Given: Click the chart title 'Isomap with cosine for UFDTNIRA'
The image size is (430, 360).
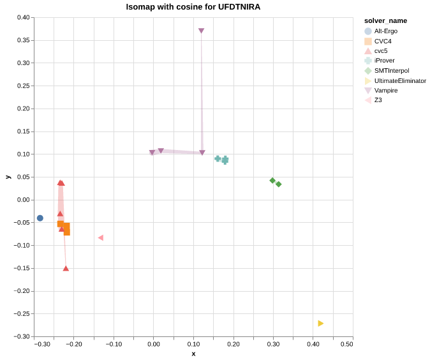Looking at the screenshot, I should coord(193,7).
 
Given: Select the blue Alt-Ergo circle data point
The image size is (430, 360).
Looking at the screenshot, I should coord(40,218).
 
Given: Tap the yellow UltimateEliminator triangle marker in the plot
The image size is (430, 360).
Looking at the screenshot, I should coord(321,324).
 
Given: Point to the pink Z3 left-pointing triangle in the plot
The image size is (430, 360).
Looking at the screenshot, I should coord(100,238).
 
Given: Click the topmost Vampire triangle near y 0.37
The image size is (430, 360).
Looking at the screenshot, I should coord(201,31).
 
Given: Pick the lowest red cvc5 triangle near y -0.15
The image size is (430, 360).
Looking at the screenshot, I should coord(66,269).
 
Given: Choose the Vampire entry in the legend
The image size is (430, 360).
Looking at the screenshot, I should coord(385,91).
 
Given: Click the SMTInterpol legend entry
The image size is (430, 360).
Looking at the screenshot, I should coord(391,71).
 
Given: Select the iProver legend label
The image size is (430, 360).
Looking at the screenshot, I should coord(384,61).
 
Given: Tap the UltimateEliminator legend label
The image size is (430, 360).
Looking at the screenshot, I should coord(400,80).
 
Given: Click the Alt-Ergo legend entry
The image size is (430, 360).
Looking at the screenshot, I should coord(385,31).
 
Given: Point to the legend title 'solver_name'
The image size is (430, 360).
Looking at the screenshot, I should coord(385,20).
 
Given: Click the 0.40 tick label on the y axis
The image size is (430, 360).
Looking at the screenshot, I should coord(23,18).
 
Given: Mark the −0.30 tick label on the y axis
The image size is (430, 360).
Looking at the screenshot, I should coord(22,336).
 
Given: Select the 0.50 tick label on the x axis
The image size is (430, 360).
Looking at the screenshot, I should coord(346,344).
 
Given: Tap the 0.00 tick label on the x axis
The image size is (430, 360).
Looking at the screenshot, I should coord(154,344).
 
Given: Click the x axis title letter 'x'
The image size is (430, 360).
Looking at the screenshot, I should coord(193,354).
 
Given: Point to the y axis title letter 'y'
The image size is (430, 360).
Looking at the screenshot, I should coord(8,177).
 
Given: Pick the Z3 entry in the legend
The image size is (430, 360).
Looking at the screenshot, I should coord(378,100).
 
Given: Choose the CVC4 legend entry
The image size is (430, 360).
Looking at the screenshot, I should coord(383,41).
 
